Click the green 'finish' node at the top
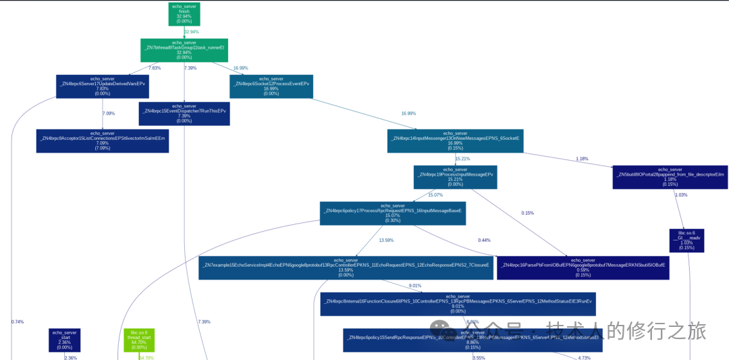pos(184,14)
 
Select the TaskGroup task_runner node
pos(184,50)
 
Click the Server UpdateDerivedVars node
pos(103,86)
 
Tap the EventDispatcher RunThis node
pos(184,113)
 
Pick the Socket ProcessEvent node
pos(271,86)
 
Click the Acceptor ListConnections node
pos(103,140)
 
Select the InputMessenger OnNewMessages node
pos(455,140)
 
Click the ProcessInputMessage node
pos(455,177)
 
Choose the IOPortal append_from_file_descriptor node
pos(670,177)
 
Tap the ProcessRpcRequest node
pos(393,213)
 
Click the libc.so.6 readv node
pos(686,240)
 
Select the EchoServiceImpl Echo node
pos(346,267)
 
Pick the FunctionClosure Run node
pos(458,304)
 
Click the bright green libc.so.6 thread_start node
pos(139,340)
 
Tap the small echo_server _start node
pos(65,340)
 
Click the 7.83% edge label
pos(155,68)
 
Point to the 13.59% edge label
pos(386,240)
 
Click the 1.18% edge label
pos(582,159)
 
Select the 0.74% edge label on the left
pos(18,322)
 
